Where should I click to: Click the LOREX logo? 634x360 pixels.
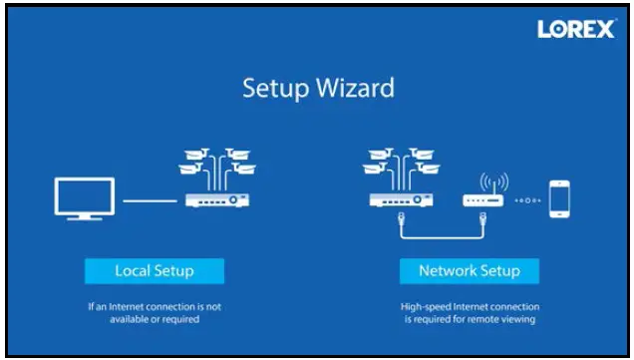576,29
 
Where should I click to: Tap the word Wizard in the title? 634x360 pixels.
355,88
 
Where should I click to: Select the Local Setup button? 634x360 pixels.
154,270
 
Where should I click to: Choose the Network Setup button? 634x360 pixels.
469,270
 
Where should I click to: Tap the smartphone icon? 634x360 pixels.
560,198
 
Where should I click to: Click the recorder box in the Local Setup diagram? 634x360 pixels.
215,199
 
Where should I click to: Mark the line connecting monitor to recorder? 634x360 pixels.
150,200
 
